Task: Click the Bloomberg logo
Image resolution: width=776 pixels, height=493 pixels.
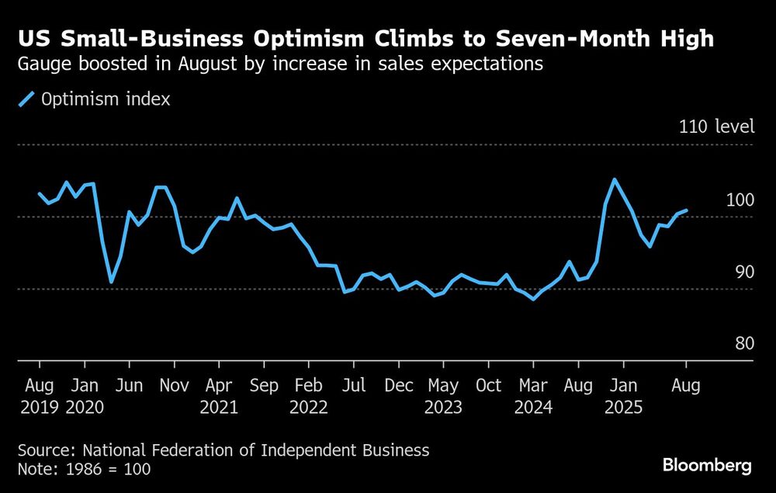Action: tap(707, 466)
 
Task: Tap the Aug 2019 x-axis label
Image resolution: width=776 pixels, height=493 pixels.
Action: tap(39, 395)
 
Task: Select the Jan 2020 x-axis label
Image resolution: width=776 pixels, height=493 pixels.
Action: tap(84, 395)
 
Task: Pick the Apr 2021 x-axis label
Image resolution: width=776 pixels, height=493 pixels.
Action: tap(220, 395)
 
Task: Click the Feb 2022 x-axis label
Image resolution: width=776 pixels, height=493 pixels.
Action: tap(309, 395)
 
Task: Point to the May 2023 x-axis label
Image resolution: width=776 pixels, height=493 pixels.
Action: tap(444, 395)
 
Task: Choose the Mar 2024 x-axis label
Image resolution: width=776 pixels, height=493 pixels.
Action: tap(533, 395)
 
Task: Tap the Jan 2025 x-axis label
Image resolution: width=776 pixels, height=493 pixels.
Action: tap(623, 395)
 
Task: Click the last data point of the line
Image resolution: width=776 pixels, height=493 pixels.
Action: tap(686, 210)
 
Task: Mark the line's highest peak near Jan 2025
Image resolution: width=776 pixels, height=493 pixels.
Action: tap(615, 180)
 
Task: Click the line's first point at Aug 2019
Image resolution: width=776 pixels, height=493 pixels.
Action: tap(39, 193)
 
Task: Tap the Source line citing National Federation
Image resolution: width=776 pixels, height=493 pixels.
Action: tap(223, 450)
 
